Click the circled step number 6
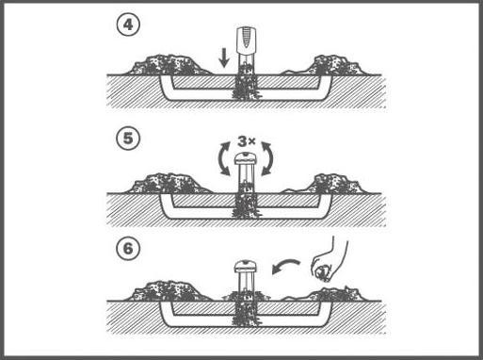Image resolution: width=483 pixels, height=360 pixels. coord(129,251)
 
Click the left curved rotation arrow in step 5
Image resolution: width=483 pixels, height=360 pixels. coord(221,157)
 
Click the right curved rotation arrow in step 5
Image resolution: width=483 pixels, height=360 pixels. coord(270,157)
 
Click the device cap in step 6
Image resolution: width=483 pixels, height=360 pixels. coord(245,268)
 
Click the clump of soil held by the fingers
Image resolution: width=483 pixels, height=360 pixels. coord(321,274)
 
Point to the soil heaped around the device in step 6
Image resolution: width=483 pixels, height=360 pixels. coord(245,299)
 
